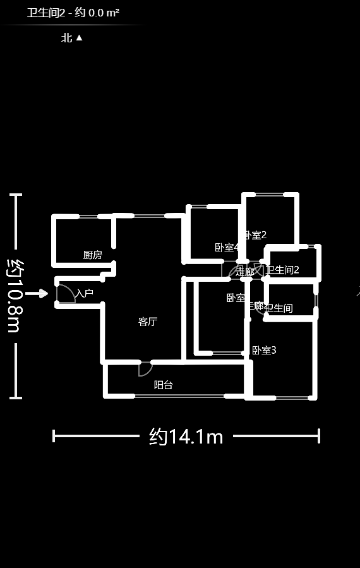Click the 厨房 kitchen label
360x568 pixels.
coord(92,255)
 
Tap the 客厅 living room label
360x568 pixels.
coord(148,322)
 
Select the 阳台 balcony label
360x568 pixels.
coord(164,384)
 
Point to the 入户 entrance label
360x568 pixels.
coord(85,293)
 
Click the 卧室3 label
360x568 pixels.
coord(264,350)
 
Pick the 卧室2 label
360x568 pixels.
coord(255,235)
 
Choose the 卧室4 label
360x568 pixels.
coord(226,247)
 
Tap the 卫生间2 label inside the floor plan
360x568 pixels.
coord(282,270)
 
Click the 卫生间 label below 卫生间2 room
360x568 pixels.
coord(279,308)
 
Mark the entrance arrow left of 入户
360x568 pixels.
coord(37,293)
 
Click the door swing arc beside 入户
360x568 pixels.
coord(65,294)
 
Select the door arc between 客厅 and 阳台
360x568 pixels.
coord(145,368)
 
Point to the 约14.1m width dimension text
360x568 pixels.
coord(186,436)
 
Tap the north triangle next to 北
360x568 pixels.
coord(80,38)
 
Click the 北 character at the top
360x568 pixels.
coord(66,38)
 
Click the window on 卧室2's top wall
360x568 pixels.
coord(270,194)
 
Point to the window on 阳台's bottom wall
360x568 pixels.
coord(179,396)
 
